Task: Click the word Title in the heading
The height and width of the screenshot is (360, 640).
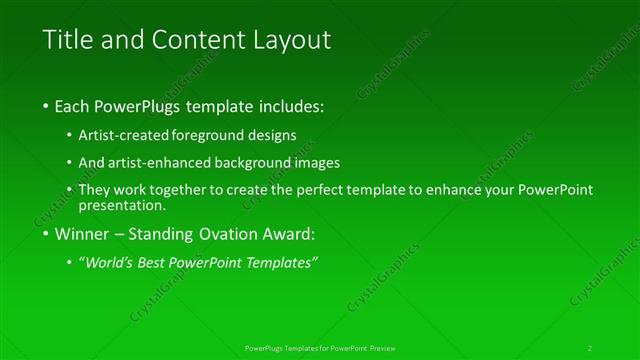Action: click(x=64, y=41)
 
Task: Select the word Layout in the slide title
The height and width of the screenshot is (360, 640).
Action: click(x=291, y=41)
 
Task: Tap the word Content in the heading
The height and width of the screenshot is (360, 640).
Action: click(x=195, y=41)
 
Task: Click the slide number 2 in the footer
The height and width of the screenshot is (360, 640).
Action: click(x=590, y=348)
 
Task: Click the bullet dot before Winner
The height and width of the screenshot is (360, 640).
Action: click(x=48, y=235)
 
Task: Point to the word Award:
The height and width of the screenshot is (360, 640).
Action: click(x=289, y=235)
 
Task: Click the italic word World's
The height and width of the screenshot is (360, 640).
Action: click(x=107, y=263)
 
